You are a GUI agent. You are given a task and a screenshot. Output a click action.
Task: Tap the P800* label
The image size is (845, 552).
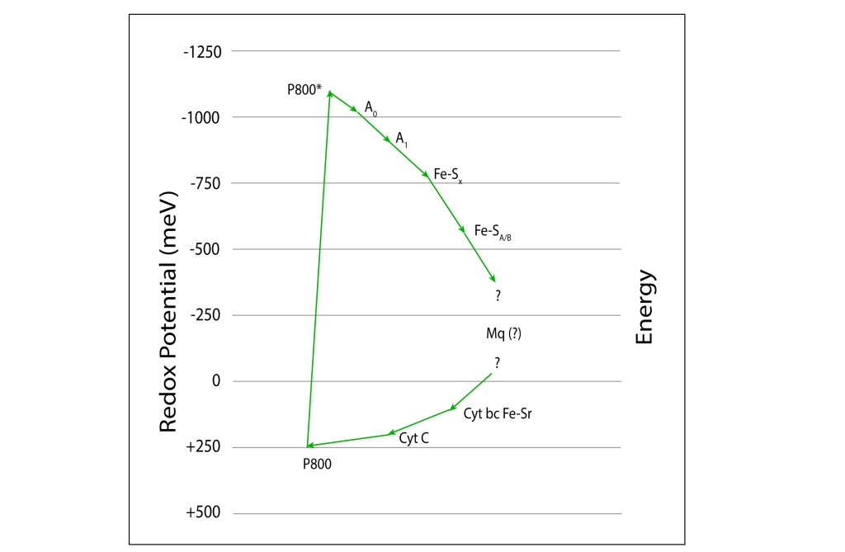304,90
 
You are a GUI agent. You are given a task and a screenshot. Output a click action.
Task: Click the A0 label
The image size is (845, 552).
371,108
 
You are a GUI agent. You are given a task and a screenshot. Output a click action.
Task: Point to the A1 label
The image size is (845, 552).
401,139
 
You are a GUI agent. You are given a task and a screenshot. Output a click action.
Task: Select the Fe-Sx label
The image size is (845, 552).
447,176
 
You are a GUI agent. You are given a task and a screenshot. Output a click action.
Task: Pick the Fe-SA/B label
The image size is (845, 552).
493,233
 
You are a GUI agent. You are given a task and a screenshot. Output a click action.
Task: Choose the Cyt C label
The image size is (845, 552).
413,439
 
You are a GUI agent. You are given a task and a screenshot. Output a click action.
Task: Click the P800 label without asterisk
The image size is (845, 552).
318,464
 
